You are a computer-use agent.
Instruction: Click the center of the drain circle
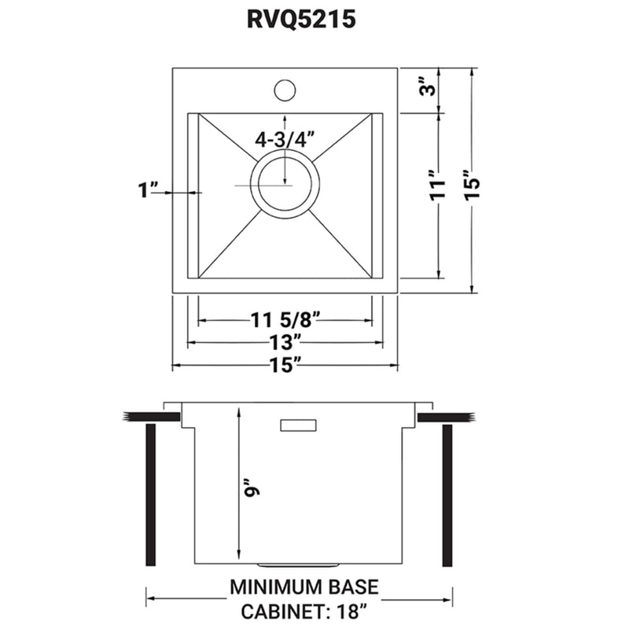[285, 185]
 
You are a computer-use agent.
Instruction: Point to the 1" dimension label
[149, 190]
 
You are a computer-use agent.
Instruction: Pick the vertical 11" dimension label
[441, 186]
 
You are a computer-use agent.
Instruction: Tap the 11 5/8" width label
[285, 320]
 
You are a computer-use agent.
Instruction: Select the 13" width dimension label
[285, 343]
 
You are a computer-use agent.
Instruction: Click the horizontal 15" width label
[285, 366]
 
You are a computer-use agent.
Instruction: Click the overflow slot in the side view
[298, 425]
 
